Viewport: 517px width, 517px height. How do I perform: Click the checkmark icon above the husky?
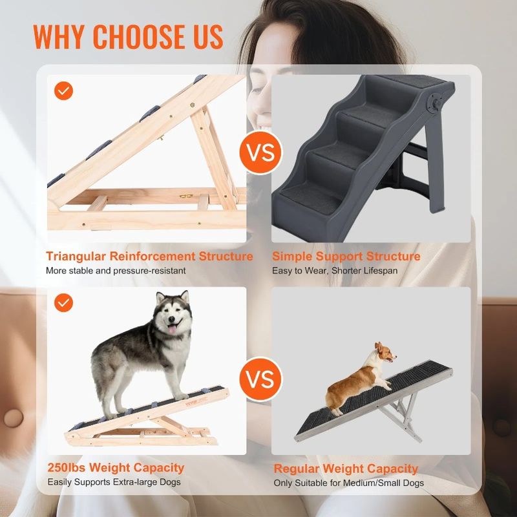click(63, 302)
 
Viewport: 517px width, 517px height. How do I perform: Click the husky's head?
click(171, 315)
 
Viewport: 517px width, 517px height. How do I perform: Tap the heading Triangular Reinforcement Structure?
click(149, 257)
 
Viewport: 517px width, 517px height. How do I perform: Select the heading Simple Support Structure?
click(346, 257)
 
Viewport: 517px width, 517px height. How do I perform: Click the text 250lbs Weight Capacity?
click(116, 467)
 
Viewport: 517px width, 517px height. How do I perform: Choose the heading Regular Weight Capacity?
click(346, 469)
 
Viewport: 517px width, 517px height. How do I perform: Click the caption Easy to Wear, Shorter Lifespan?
click(334, 271)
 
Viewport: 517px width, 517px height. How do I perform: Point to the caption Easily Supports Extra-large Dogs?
click(114, 482)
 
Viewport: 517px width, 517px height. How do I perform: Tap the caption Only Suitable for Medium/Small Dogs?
click(349, 483)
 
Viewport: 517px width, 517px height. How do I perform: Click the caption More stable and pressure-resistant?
click(116, 271)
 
